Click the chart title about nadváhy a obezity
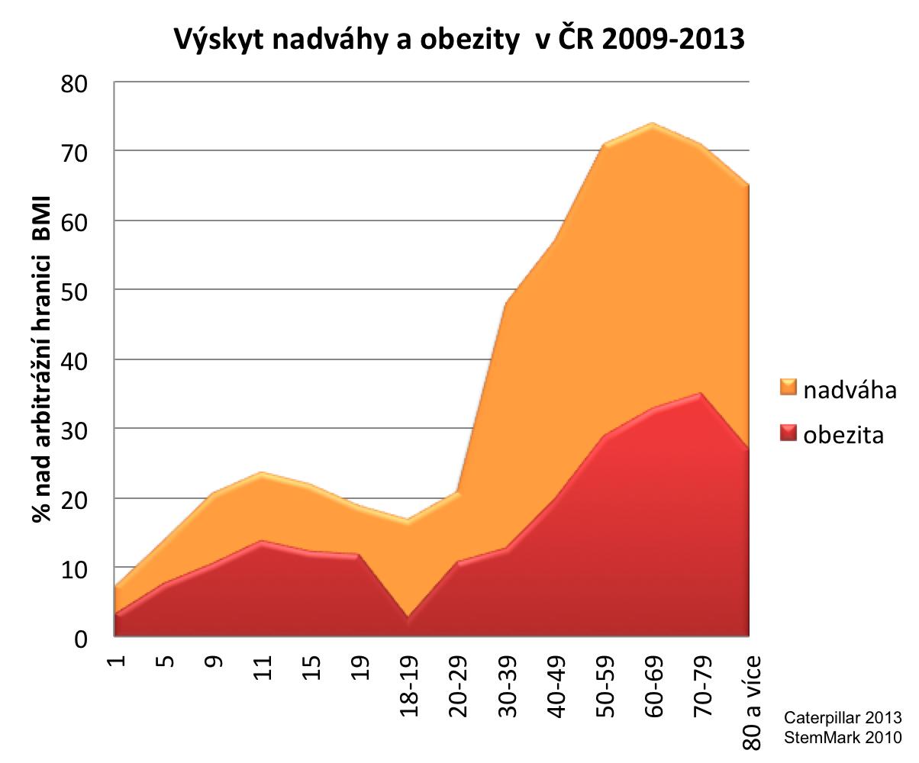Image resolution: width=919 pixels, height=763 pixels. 459,38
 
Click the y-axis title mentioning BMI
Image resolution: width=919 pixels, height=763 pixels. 41,359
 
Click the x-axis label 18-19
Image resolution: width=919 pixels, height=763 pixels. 411,682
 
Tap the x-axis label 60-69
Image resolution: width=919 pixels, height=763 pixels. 654,682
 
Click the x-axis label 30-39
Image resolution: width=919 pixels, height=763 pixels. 508,682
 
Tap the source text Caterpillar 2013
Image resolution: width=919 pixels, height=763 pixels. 843,718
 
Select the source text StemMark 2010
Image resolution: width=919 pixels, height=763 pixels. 843,737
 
